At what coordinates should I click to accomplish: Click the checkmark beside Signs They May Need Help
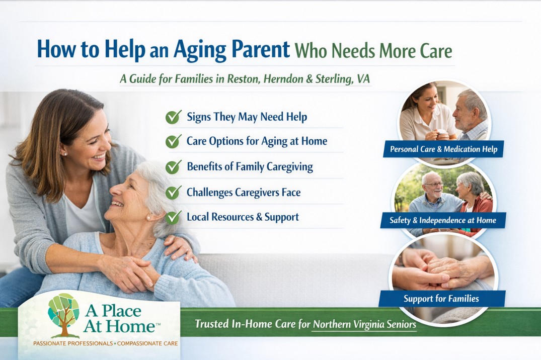173,117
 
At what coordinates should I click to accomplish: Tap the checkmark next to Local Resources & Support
173,217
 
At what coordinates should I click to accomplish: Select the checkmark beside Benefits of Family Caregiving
173,167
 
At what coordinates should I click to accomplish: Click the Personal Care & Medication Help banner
443,149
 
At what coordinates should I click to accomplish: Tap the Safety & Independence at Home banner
442,220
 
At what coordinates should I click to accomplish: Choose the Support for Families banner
441,299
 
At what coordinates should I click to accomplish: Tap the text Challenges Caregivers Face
244,192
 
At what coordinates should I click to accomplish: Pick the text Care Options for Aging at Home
257,141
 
